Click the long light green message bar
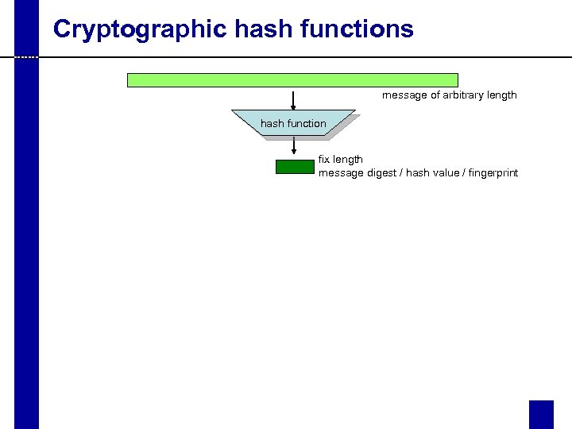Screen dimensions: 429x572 [292, 79]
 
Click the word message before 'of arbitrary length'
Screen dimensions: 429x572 [403, 95]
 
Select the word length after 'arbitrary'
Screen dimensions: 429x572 [501, 95]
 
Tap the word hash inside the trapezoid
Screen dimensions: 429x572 [272, 123]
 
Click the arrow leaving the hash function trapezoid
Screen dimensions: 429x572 [294, 146]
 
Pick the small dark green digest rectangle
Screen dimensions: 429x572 [295, 167]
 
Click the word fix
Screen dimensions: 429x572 [324, 160]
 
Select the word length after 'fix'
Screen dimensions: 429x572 [349, 160]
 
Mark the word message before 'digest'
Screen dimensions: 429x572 [340, 173]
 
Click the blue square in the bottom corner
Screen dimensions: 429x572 [541, 414]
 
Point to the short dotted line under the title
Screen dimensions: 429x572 [26, 57]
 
